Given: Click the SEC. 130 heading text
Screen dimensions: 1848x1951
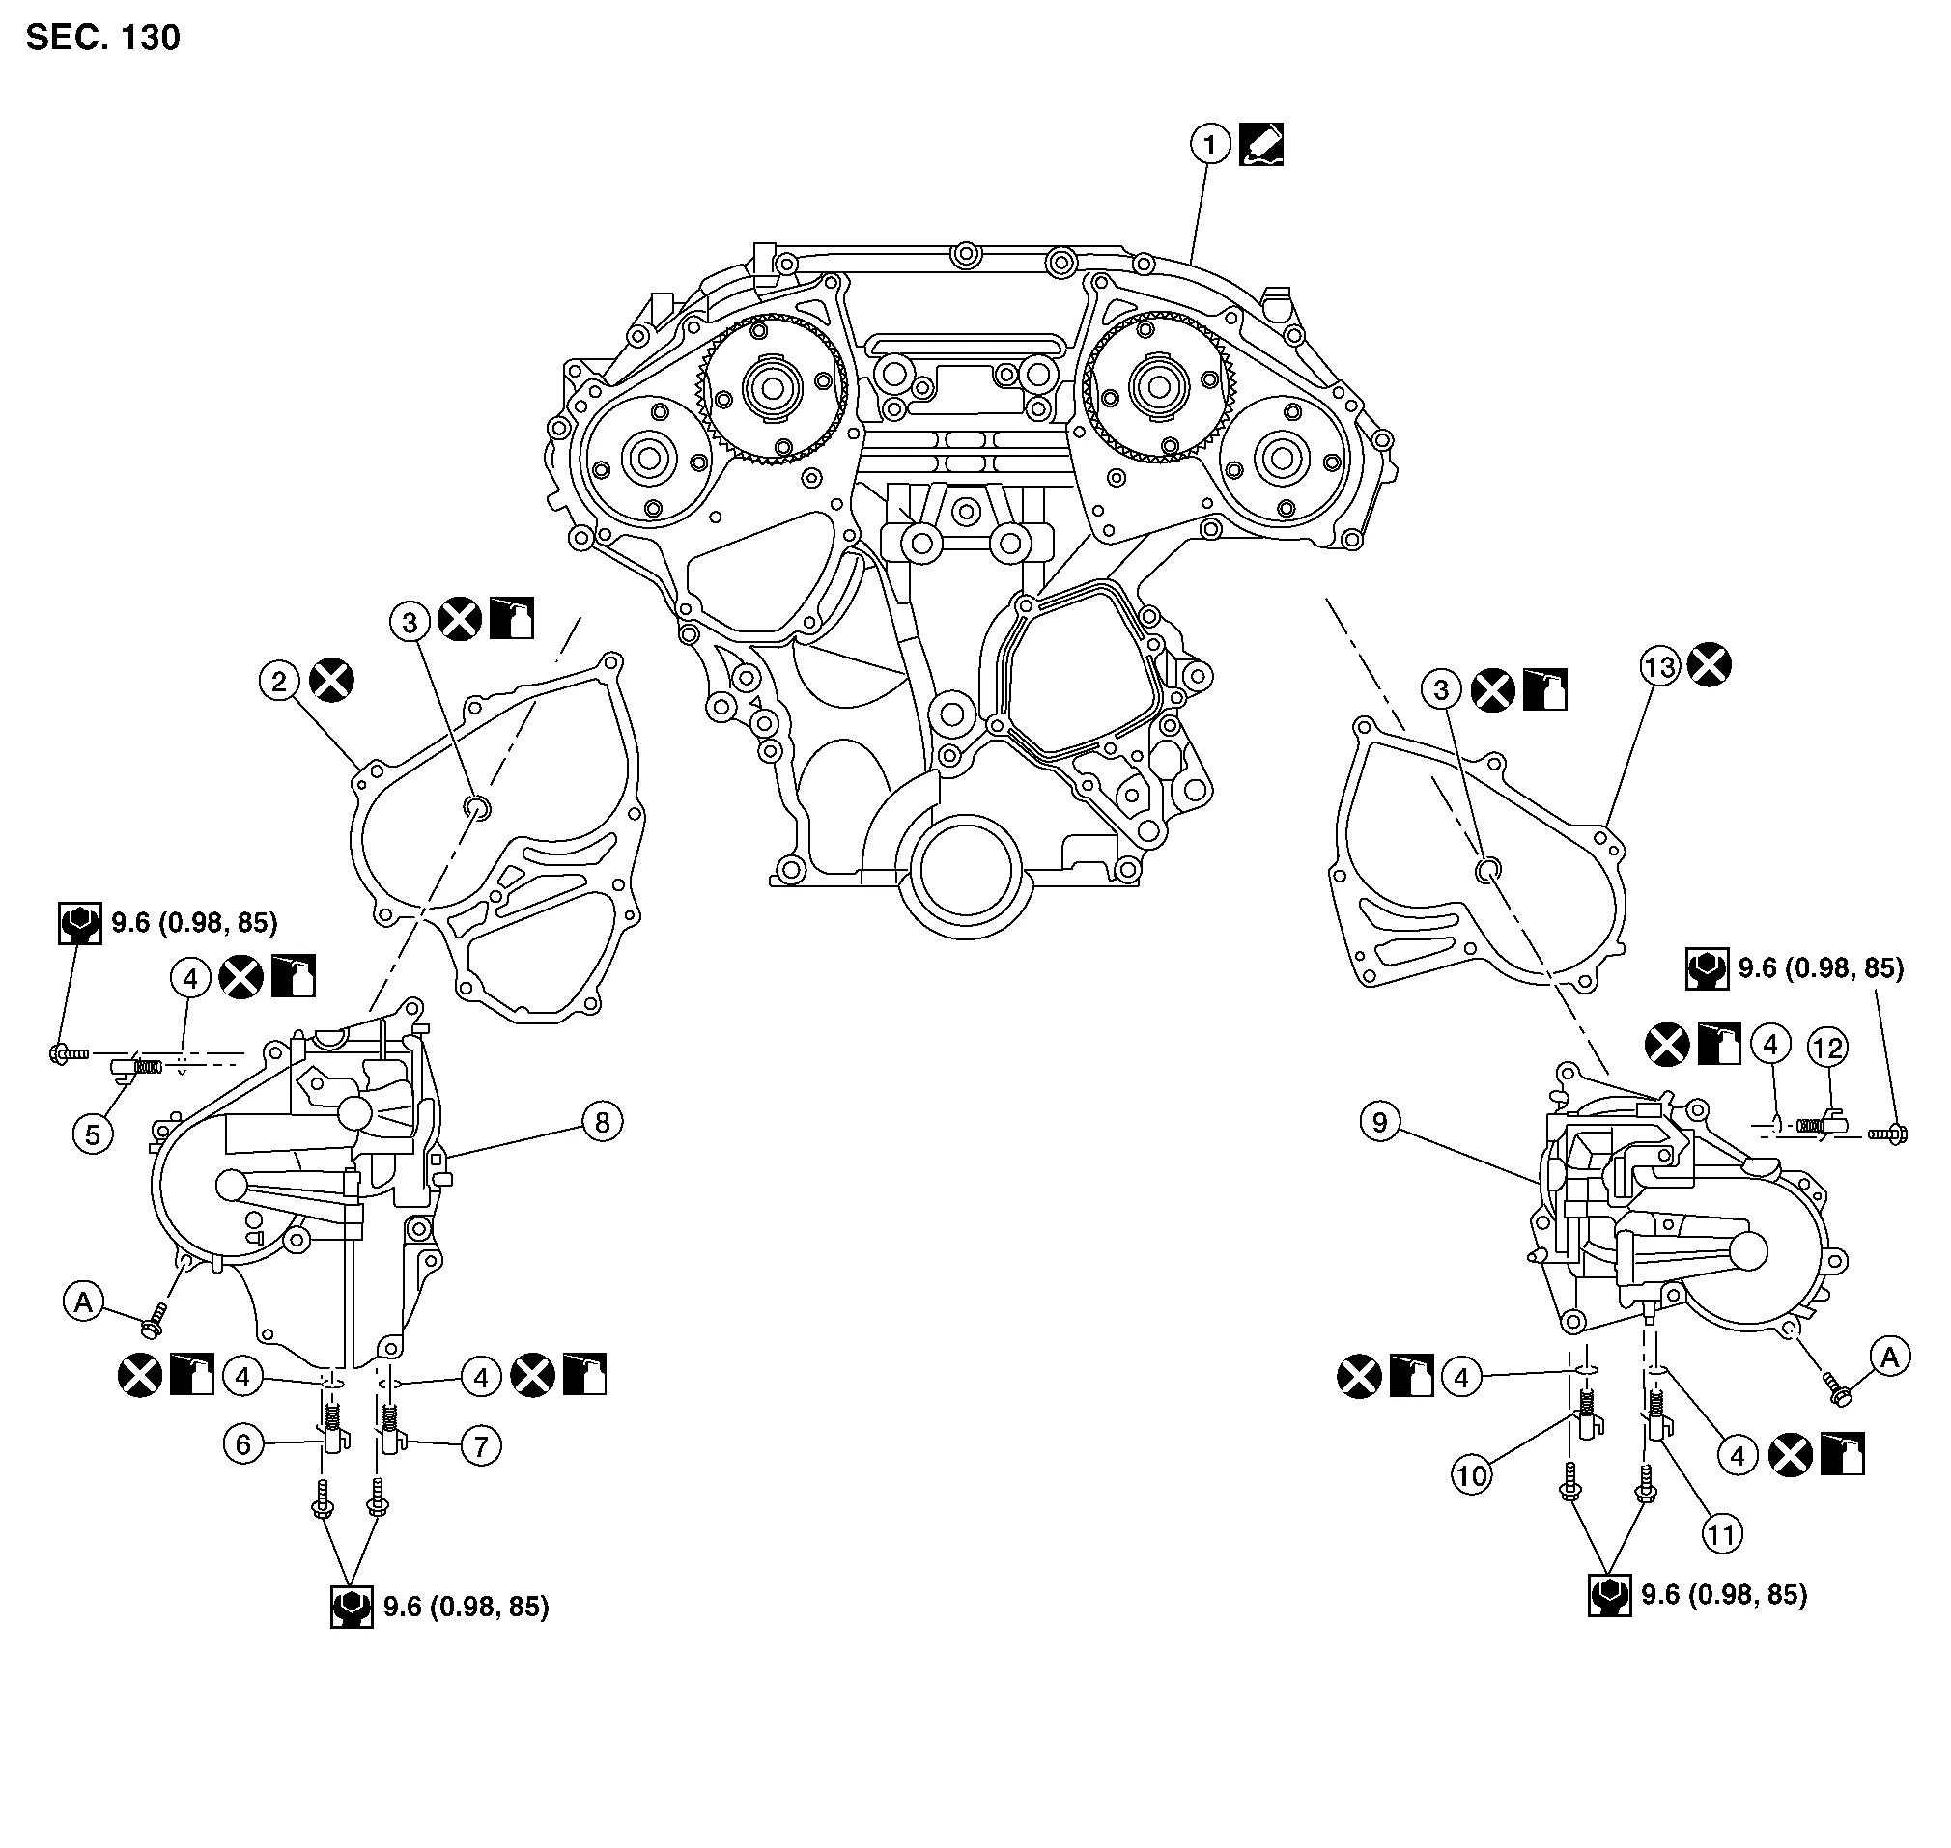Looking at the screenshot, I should [102, 38].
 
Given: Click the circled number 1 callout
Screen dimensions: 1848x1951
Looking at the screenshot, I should [1210, 145].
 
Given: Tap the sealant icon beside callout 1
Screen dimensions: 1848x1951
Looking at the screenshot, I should [1261, 145].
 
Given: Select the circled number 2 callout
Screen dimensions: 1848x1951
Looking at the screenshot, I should [280, 681].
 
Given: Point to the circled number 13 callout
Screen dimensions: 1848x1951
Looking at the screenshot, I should [1659, 667].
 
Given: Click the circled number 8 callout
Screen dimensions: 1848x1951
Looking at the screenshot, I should [602, 1121].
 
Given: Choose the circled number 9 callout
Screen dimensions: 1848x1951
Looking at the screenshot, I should [1379, 1122].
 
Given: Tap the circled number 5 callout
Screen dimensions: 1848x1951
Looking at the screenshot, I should [93, 1134].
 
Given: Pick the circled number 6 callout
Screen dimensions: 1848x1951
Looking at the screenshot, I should [243, 1445].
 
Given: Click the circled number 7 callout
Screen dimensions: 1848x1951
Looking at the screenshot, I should [481, 1446].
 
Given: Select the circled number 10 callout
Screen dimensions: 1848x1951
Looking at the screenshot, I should [1471, 1474].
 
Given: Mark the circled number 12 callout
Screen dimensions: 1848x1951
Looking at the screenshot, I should [1826, 1048].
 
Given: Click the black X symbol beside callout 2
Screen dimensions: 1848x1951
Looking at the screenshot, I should [332, 681].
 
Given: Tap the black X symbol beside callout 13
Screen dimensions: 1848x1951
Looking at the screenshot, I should [1710, 665].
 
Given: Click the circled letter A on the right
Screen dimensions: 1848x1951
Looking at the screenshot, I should [1889, 1358].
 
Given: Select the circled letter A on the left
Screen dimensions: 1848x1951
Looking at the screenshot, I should [84, 1302].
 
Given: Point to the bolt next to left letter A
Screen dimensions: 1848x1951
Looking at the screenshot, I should [154, 1321].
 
